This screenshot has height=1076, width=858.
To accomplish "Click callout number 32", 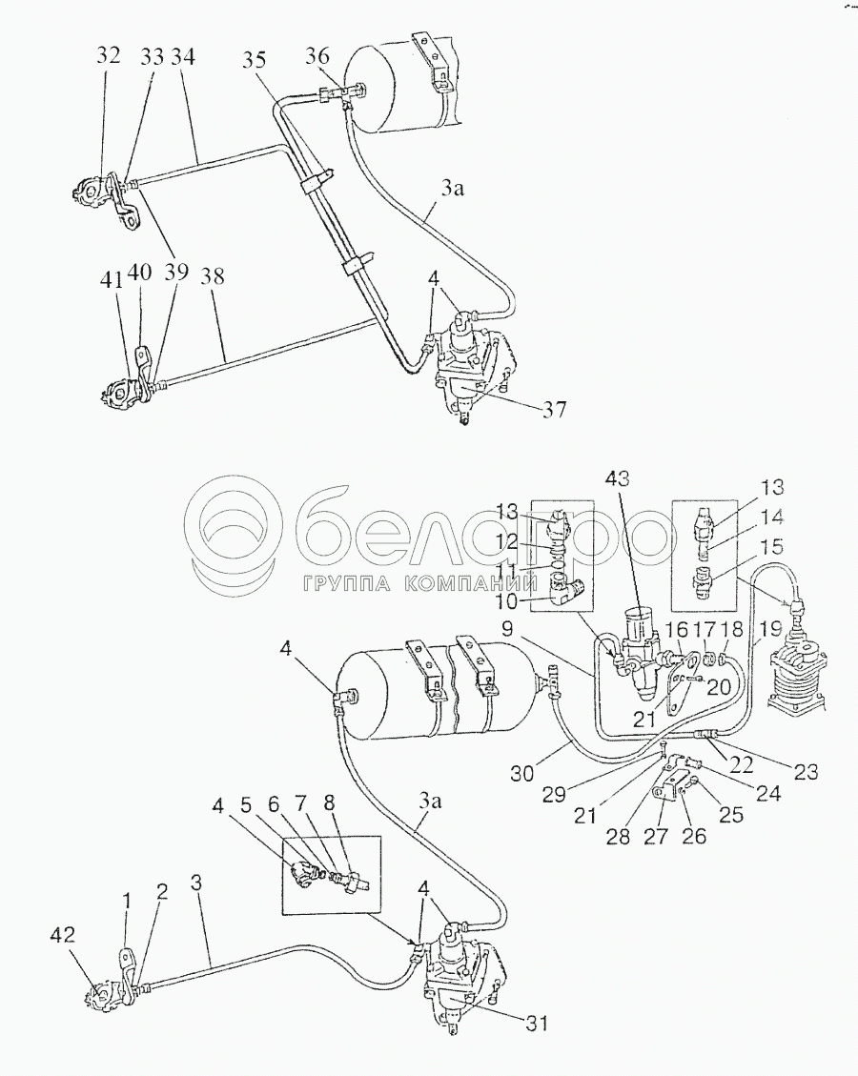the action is (108, 54).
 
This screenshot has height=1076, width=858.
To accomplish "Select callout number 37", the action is (556, 411).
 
